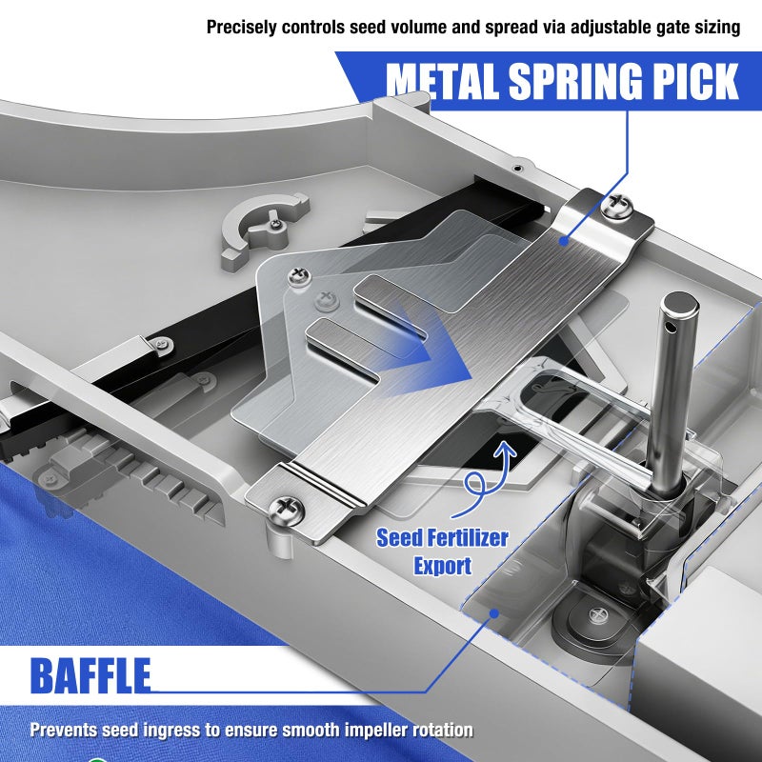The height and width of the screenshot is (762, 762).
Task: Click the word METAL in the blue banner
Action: pyautogui.click(x=444, y=81)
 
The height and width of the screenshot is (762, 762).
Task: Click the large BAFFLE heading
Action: pyautogui.click(x=90, y=675)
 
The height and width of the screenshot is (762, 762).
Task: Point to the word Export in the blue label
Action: pyautogui.click(x=443, y=566)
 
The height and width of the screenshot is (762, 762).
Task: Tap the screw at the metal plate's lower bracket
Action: pyautogui.click(x=287, y=510)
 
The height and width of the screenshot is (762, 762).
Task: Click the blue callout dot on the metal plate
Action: pyautogui.click(x=564, y=241)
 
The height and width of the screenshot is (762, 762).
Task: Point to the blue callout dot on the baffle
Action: pyautogui.click(x=494, y=613)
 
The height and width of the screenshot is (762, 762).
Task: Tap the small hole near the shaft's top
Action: pyautogui.click(x=671, y=328)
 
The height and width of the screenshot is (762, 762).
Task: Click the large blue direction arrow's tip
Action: pyautogui.click(x=472, y=378)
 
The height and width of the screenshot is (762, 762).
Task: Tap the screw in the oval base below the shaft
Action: pyautogui.click(x=598, y=614)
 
